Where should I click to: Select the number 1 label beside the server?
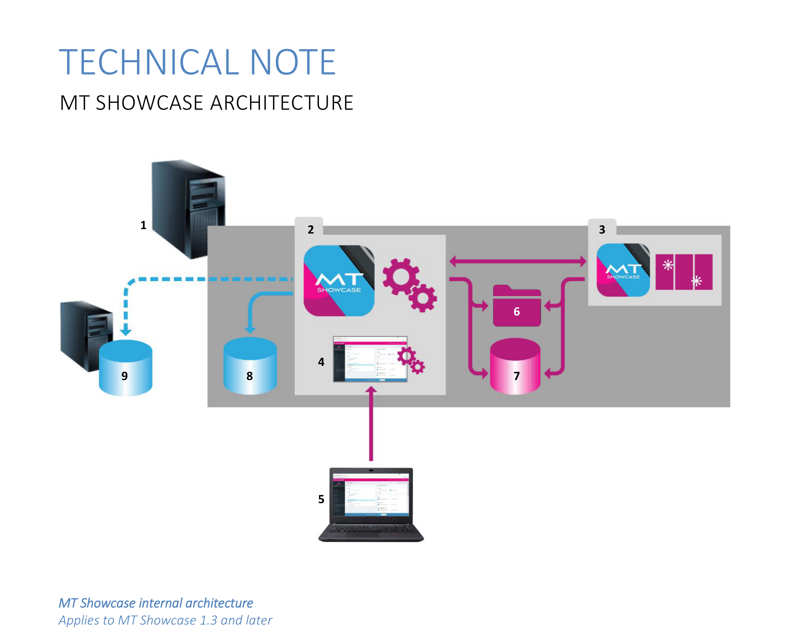(143, 225)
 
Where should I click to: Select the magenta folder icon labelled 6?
(516, 306)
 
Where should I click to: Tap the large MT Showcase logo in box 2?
(339, 281)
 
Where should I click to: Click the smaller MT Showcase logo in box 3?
(623, 270)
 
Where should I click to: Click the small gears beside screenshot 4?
(411, 360)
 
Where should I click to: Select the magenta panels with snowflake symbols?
(683, 272)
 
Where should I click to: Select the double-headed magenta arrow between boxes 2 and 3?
(518, 261)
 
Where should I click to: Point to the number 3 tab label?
(602, 229)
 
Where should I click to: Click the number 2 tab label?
(311, 229)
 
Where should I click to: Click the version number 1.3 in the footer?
(209, 620)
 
